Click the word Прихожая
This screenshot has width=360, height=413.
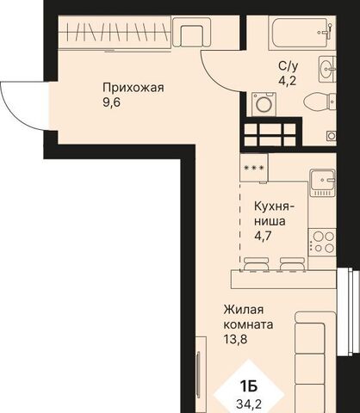click(x=133, y=88)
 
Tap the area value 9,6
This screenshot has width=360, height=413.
click(x=111, y=102)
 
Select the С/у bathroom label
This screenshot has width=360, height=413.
click(x=289, y=66)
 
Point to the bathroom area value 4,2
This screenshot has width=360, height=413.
click(x=287, y=81)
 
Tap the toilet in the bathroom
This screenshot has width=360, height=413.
click(x=320, y=102)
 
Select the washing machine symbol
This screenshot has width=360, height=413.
click(x=264, y=104)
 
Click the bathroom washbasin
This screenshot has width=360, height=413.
click(x=327, y=69)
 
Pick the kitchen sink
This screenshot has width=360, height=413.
click(x=322, y=182)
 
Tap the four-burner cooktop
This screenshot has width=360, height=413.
click(x=322, y=242)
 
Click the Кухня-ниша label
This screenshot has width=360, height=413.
click(x=272, y=213)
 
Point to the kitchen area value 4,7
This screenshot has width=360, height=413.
click(x=263, y=236)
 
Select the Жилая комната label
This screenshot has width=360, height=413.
click(x=248, y=317)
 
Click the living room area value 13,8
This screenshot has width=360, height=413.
click(x=235, y=340)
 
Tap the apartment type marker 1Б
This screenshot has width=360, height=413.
click(x=249, y=387)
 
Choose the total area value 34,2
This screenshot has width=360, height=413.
click(x=249, y=404)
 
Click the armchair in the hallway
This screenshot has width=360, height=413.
click(x=192, y=32)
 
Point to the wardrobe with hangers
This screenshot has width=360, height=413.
click(x=115, y=33)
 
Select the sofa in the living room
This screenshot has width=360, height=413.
click(x=315, y=362)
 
